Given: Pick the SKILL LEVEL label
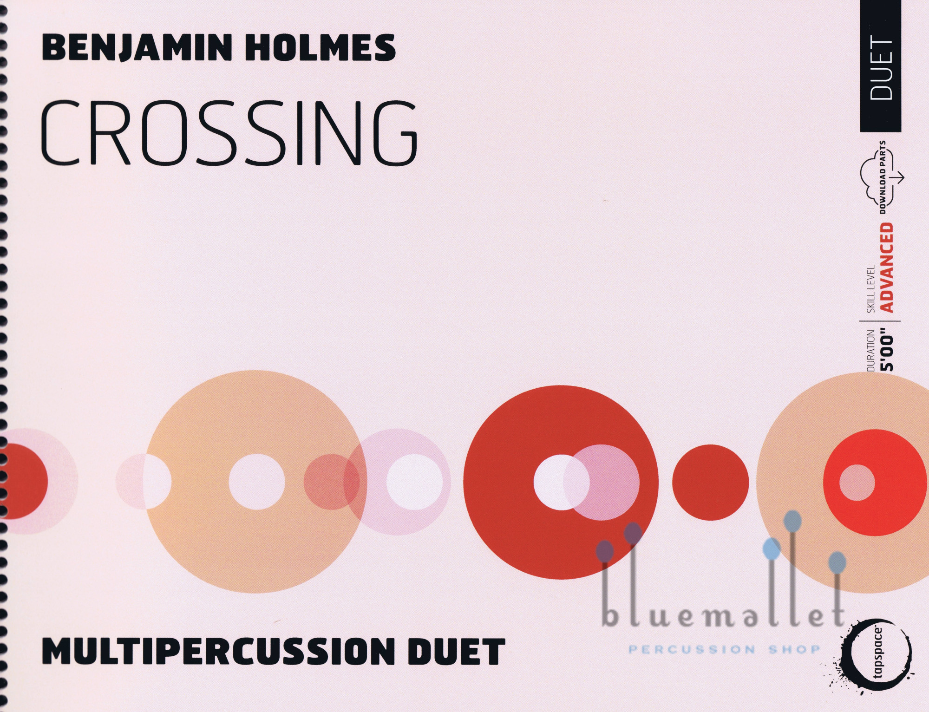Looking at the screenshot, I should (x=871, y=288).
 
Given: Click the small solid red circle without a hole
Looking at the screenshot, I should (x=710, y=482).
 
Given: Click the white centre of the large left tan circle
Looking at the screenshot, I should (x=256, y=482).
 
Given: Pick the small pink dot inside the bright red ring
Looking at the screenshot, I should (x=857, y=482).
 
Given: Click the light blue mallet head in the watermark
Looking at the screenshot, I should (x=772, y=549).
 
